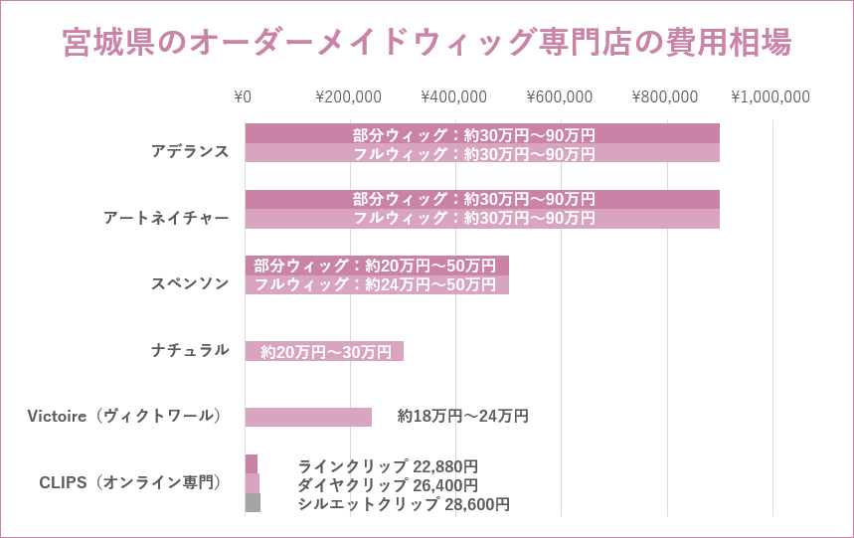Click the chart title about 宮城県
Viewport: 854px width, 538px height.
coord(427,43)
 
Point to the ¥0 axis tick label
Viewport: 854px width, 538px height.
coord(243,97)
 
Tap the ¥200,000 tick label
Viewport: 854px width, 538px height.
coord(348,97)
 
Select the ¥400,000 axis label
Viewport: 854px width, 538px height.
coord(453,97)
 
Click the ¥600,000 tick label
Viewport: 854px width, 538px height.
coord(559,97)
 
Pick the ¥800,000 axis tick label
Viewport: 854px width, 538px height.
coord(664,97)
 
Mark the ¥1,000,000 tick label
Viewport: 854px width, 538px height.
coord(770,97)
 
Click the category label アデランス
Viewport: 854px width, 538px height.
coord(190,151)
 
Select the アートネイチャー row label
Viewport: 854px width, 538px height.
coord(166,218)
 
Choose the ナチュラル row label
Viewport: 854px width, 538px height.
coord(190,350)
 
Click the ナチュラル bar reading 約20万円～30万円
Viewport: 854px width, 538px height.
coord(324,351)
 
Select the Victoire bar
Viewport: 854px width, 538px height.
coord(308,417)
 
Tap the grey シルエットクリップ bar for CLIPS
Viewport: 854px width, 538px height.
coord(253,503)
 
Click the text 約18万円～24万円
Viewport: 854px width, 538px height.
coord(462,417)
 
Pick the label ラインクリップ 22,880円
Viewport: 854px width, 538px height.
coord(388,466)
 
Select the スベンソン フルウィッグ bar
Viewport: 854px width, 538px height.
coord(377,284)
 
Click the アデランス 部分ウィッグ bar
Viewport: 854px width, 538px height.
coord(481,134)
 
